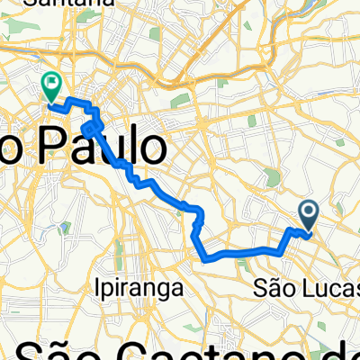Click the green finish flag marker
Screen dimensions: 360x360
[x=51, y=86]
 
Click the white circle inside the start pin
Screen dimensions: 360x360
[x=308, y=212]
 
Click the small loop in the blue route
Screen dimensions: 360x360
[x=90, y=130]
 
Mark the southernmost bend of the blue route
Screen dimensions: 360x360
[x=209, y=257]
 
